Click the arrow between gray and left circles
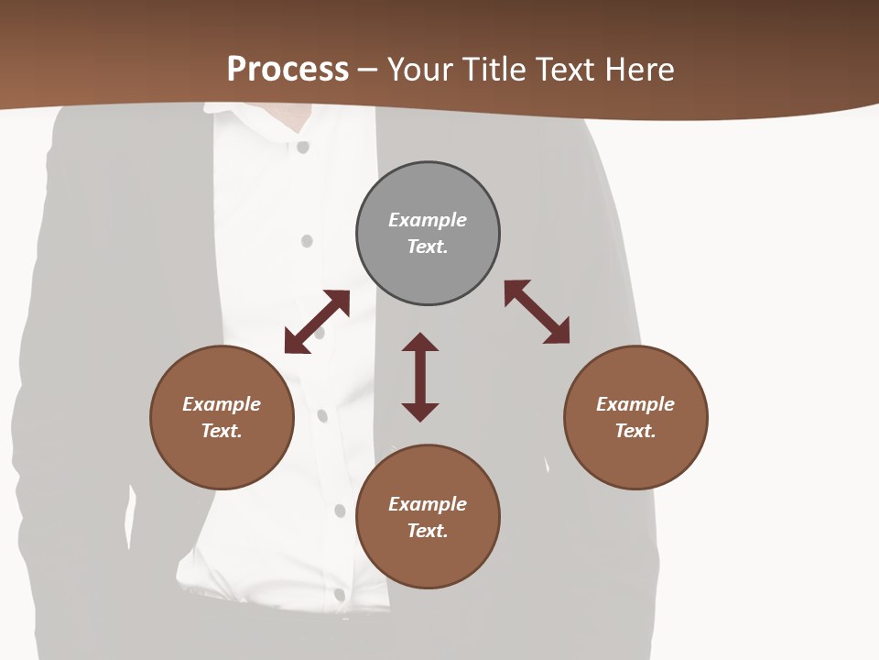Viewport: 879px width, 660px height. click(317, 322)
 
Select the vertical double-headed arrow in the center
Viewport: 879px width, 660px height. click(420, 377)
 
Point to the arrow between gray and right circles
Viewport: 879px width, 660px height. click(537, 312)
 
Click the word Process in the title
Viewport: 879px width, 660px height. click(288, 69)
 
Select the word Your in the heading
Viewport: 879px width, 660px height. click(422, 69)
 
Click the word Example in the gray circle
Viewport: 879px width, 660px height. click(428, 220)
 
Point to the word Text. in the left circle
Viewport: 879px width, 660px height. click(222, 431)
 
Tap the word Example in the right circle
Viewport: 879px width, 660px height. click(635, 404)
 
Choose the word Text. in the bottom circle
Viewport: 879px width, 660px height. click(428, 531)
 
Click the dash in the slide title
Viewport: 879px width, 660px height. click(368, 70)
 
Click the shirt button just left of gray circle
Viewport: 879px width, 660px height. click(307, 241)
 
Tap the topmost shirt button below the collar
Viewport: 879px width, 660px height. click(303, 147)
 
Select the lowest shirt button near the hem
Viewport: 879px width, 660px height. click(340, 595)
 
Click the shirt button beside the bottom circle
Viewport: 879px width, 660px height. click(340, 511)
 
